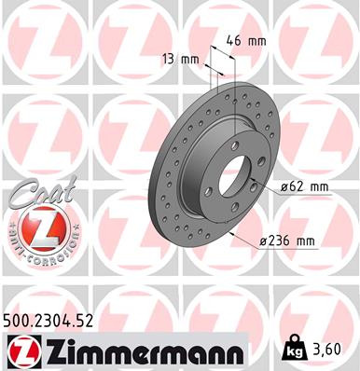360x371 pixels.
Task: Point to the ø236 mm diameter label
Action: pos(289,241)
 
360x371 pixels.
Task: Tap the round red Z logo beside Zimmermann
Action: pos(21,350)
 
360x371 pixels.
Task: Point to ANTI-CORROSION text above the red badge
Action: pos(36,217)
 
